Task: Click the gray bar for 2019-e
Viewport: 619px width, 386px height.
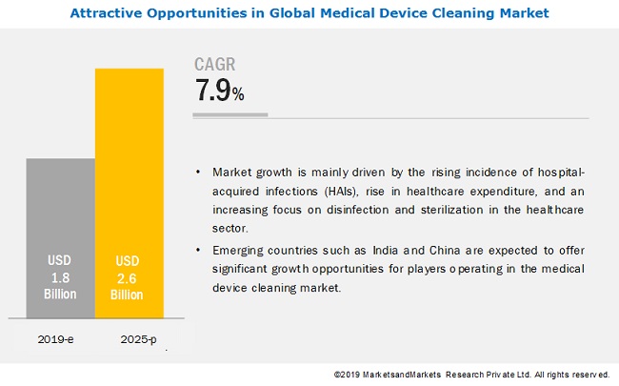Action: pyautogui.click(x=60, y=238)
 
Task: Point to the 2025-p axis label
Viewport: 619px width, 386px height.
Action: pyautogui.click(x=130, y=338)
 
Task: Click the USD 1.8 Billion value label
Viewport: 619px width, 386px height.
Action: pyautogui.click(x=60, y=277)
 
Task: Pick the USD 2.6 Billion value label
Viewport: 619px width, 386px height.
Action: pyautogui.click(x=130, y=277)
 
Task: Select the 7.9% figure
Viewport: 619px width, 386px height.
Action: pyautogui.click(x=220, y=92)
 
